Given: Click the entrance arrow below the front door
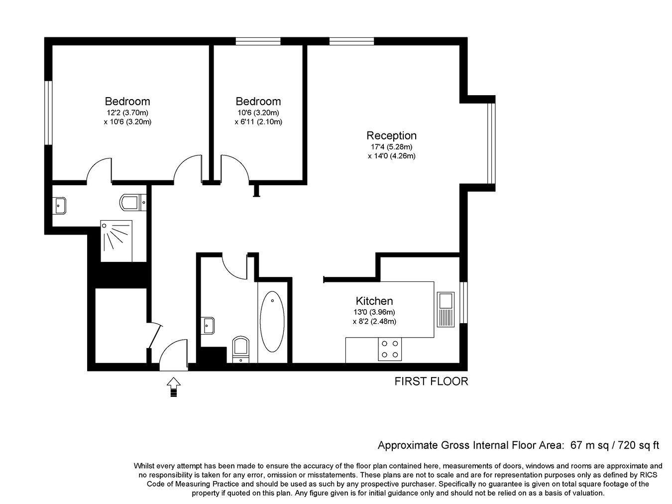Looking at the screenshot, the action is coord(173,386).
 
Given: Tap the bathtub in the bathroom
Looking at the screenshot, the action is coord(272,321).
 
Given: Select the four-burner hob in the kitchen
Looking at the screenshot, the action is coord(390,349).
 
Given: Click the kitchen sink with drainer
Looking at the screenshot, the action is coord(446,309).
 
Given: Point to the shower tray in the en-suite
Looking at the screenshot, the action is coord(116,241).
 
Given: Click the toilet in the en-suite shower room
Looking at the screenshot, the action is coord(133,202).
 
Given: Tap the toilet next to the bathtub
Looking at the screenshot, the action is coord(241,350).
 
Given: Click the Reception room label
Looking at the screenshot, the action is coord(391,135).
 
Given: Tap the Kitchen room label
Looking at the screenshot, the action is coord(374,301).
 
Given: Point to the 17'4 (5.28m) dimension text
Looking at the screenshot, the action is coord(392,147).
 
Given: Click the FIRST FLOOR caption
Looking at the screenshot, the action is coord(431,381).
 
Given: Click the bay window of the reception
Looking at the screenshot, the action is coord(491,143).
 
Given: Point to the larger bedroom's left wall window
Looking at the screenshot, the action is coord(48,113).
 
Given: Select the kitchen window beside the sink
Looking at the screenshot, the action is coord(463,302).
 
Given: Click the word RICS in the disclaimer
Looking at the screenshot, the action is coord(647,475).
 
